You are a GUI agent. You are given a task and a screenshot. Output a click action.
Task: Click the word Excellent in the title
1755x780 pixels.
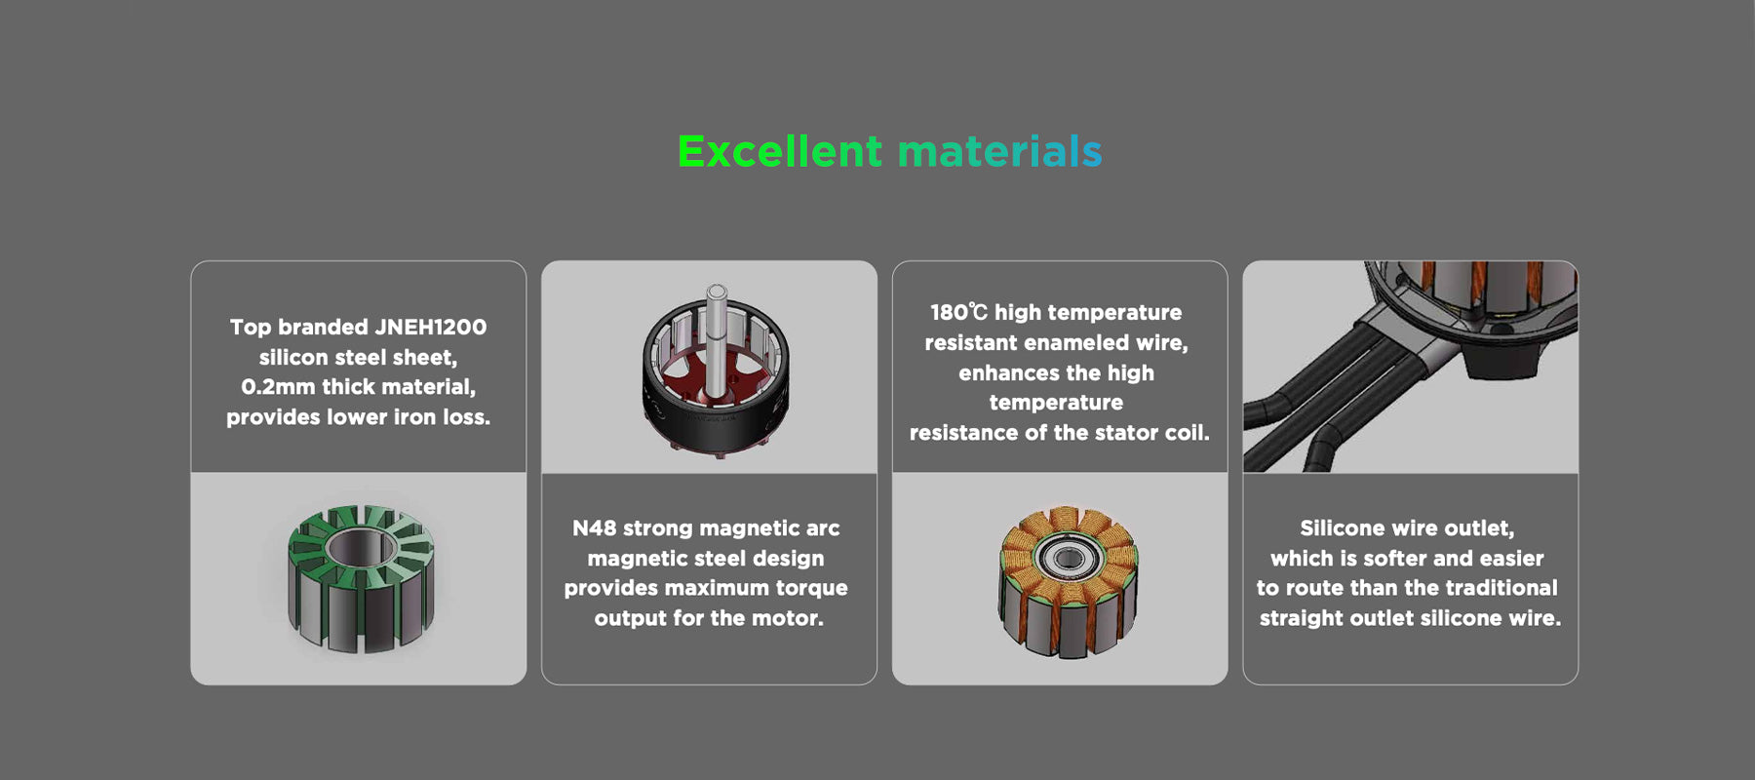780,152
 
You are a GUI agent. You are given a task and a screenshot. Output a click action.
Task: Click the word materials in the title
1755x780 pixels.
999,152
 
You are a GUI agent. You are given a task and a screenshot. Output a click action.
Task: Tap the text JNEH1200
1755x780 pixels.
431,328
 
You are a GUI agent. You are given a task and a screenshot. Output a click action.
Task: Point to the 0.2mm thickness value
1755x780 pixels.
278,387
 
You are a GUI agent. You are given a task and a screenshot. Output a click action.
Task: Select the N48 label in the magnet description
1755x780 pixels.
594,528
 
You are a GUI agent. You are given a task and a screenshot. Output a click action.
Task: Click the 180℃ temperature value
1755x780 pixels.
958,313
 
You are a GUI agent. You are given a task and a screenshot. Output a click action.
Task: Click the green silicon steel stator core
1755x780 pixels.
361,579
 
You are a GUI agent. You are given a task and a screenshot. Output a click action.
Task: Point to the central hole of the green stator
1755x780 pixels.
361,548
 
